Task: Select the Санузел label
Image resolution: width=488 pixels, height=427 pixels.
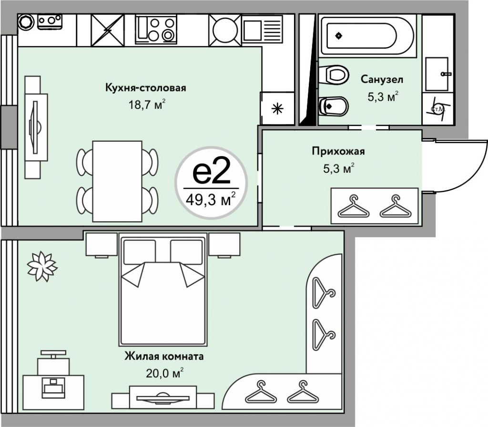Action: pos(382,79)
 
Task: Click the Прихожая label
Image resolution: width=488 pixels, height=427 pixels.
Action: pos(338,152)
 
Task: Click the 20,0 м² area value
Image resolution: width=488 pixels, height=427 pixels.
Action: pos(164,373)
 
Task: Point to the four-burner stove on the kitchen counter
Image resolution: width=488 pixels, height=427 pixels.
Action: pos(156,30)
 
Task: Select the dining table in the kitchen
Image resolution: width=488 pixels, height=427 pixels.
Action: pos(117,181)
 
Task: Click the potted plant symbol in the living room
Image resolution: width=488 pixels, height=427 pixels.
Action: pos(41,266)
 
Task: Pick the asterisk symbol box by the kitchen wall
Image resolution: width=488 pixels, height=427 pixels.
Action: pos(276,108)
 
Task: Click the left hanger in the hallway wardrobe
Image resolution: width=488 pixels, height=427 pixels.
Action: pos(353,206)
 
